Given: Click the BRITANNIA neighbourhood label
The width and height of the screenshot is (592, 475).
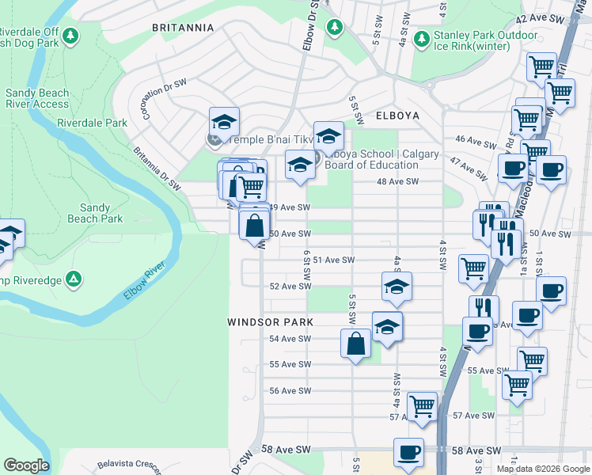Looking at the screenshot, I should click(x=183, y=28).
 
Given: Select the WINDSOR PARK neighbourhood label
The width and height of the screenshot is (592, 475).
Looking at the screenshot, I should click(x=270, y=322).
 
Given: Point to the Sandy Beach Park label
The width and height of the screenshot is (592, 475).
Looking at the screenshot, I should click(x=95, y=212).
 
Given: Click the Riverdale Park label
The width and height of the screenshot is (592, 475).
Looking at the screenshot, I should click(x=92, y=123).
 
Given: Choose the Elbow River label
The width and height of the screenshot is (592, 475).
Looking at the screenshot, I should click(x=146, y=279).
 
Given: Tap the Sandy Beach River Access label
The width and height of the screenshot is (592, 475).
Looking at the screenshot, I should click(x=37, y=98).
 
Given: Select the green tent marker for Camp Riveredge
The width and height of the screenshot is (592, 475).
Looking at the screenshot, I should click(x=73, y=279).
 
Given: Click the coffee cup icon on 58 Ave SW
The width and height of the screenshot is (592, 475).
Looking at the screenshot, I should click(x=408, y=452).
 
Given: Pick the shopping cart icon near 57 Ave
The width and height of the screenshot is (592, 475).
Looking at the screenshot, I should click(x=422, y=405).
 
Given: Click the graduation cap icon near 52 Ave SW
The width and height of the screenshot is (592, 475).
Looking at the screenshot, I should click(x=397, y=287).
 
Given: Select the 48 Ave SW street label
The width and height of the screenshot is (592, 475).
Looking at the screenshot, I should click(x=397, y=181).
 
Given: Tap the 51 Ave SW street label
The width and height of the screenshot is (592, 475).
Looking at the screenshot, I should click(x=332, y=260).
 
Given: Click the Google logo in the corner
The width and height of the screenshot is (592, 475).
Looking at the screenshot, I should click(x=26, y=465).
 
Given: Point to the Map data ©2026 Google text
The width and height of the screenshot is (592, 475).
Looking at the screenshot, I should click(x=542, y=469).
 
